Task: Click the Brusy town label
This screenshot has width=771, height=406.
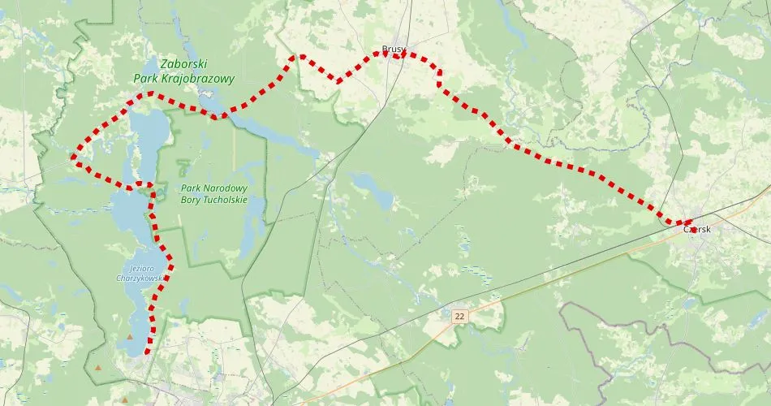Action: [x=394, y=48]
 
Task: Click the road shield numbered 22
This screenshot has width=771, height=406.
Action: [x=460, y=315]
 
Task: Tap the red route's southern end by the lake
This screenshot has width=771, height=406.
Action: [x=146, y=352]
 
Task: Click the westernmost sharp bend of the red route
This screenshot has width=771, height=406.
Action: [x=75, y=156]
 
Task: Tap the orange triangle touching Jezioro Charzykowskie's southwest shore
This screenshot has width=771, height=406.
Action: [x=129, y=336]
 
